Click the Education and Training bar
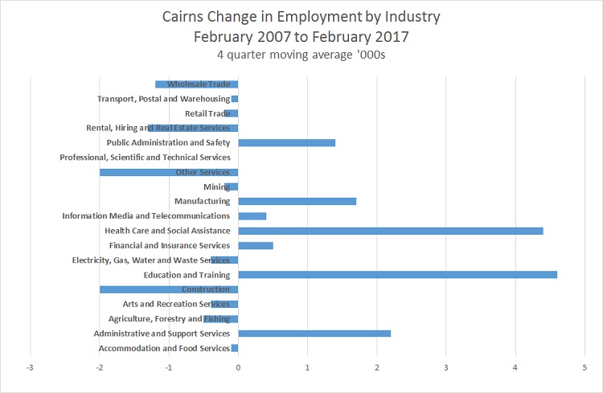coord(397,275)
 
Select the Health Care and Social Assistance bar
coord(391,231)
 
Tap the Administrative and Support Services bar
coord(314,334)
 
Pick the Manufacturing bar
coord(297,201)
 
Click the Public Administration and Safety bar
coord(286,143)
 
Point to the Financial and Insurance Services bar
coord(256,245)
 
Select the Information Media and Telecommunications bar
coord(252,216)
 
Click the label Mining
coord(216,186)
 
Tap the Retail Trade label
coord(207,113)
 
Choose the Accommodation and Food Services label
coord(164,348)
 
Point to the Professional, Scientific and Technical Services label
coord(145,158)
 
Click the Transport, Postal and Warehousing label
coord(163,99)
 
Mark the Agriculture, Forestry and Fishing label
coord(169,319)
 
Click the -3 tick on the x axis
coord(31,367)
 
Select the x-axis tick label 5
coord(585,367)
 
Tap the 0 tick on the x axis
coord(238,367)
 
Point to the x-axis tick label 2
coord(376,367)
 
